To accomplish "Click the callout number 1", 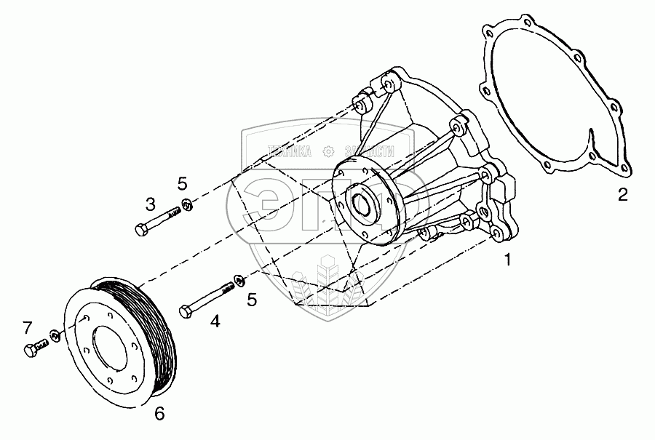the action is coord(508,258).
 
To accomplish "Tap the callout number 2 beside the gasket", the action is coord(622,194).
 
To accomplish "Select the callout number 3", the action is coord(150,203).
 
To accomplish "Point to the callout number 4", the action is coord(215,320).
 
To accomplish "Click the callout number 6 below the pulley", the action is coord(159,414).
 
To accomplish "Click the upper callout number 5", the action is coord(183,183).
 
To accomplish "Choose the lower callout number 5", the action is coord(252,299).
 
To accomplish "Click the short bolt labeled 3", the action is coord(156,222).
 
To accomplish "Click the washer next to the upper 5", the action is coord(187,205).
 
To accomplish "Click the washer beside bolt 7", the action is coord(55,335).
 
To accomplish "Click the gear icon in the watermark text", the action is coord(328,151).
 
